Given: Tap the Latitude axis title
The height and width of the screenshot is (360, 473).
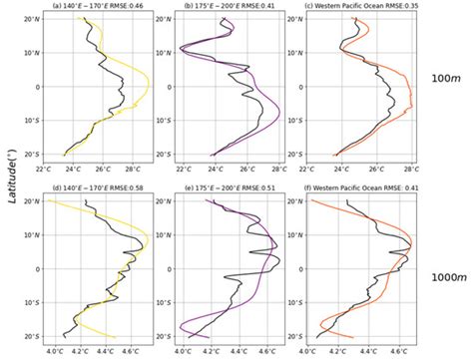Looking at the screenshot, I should click(9, 178).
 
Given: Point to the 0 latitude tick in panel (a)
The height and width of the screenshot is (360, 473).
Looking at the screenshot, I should click(35, 87).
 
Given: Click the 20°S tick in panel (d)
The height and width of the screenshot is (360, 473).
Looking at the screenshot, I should click(30, 335).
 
